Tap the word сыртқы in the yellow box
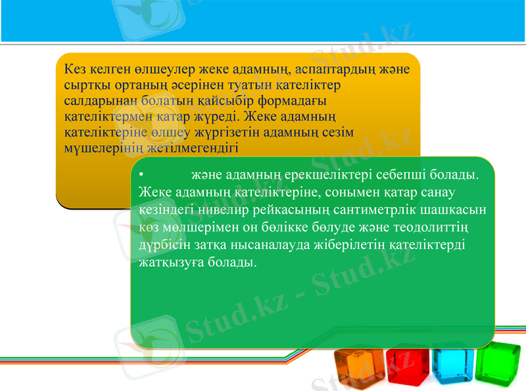click(x=85, y=85)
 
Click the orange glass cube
click(x=358, y=368)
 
